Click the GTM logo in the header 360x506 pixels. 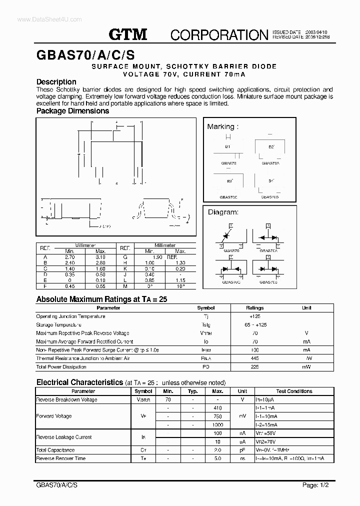128,34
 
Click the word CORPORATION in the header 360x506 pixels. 219,34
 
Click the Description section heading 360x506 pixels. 56,81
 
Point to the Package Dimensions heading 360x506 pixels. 72,111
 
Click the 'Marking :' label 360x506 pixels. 223,126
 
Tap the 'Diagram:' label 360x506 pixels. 223,212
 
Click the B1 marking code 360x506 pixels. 227,146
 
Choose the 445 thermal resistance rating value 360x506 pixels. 255,358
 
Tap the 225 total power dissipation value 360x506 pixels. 255,367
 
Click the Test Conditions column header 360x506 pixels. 294,391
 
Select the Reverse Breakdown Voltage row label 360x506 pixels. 66,399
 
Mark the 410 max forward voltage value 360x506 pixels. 218,407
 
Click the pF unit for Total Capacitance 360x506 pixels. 242,450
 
